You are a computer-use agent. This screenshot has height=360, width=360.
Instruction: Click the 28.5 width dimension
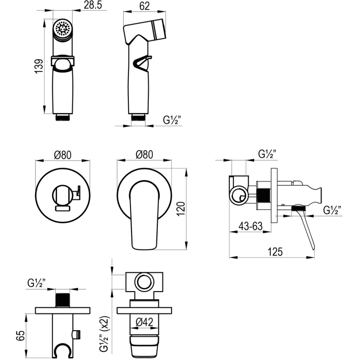pos(93,5)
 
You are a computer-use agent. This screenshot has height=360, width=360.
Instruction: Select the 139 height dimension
pos(39,66)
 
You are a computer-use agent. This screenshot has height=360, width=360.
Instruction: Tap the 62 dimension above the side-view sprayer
pos(144,6)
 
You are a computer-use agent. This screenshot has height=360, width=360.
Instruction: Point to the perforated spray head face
pos(63,28)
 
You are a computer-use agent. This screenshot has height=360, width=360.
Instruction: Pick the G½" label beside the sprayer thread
pos(172,120)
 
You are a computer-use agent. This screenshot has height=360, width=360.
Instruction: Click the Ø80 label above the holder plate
pos(63,155)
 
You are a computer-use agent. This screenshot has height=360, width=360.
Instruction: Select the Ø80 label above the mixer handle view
pos(144,154)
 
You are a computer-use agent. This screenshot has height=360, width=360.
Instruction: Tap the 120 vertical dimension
pos(181,208)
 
